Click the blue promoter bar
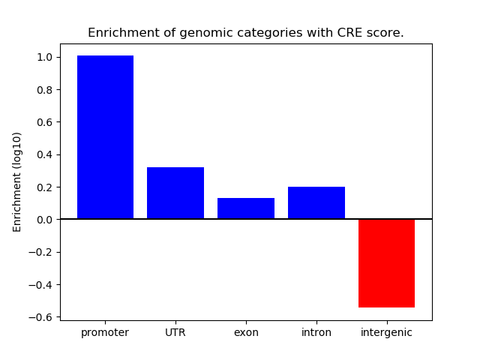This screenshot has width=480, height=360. [x=105, y=137]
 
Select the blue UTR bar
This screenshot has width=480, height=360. [x=175, y=193]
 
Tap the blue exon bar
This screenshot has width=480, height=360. [x=246, y=208]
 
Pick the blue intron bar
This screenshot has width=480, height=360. [x=316, y=203]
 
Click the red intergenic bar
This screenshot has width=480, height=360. [x=386, y=263]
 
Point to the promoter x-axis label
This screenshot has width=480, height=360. [x=105, y=332]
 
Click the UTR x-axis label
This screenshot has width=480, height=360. [x=175, y=332]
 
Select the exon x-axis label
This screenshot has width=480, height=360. [x=246, y=332]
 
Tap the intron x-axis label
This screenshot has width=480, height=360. [x=316, y=332]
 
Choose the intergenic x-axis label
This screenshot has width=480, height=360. [x=386, y=332]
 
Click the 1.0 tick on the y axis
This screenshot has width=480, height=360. [x=44, y=57]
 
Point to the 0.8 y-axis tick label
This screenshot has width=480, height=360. [x=44, y=90]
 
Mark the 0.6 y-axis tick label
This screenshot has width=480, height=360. [x=44, y=122]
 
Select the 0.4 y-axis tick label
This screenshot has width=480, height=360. [x=44, y=154]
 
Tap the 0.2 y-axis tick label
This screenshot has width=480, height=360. [x=44, y=187]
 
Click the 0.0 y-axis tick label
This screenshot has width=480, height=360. [x=44, y=220]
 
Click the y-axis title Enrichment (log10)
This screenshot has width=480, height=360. [x=17, y=181]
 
